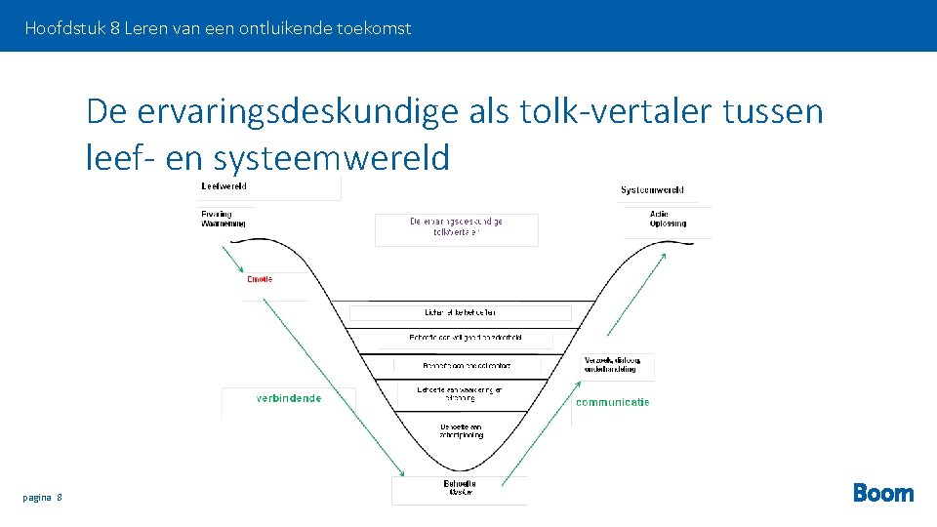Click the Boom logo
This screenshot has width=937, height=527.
883,493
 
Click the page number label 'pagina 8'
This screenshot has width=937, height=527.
43,498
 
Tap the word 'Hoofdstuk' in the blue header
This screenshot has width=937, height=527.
65,28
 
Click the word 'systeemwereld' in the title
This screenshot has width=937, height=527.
332,157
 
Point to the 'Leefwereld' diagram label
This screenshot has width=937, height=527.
224,186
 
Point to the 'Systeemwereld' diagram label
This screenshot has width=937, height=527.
652,190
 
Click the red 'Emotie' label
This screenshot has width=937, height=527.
260,279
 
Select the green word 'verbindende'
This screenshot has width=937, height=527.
288,398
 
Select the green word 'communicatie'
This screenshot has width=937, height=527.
612,402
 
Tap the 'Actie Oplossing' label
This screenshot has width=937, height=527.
668,219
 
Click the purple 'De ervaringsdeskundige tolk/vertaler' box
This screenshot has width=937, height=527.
456,227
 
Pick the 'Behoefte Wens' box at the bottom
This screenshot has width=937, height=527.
459,488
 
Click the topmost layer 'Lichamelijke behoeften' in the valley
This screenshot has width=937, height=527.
460,312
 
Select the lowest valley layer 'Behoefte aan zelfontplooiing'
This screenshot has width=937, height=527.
460,430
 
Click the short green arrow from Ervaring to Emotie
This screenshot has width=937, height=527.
232,259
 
